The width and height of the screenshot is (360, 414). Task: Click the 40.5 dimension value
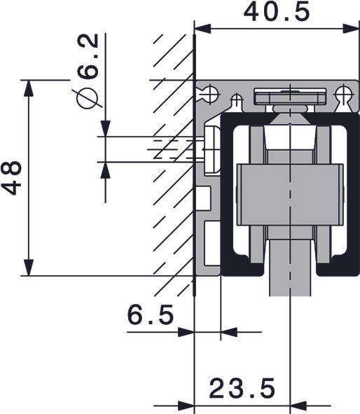point(277,13)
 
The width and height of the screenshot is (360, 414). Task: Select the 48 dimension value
point(11,178)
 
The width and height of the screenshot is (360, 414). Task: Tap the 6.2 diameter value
point(88,56)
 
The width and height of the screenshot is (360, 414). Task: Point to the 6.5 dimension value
point(151,315)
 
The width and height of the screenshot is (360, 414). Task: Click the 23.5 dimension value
point(242,388)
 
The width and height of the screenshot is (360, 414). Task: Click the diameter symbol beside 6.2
point(87,97)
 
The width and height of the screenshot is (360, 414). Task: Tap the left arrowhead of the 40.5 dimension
point(202,29)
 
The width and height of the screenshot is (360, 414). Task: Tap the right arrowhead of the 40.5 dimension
point(351,29)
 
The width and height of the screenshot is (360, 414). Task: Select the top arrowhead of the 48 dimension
point(29,88)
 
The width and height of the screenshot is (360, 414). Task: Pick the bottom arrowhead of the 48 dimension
point(29,268)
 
